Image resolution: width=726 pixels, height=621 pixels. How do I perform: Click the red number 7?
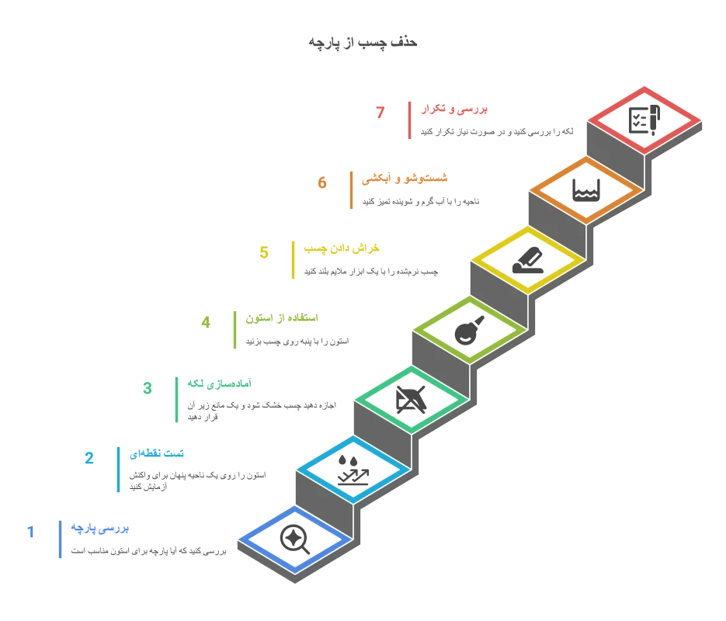coord(380,114)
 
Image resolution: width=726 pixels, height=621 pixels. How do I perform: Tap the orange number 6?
coord(323,183)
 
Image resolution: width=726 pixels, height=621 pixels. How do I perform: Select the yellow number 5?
coord(264,252)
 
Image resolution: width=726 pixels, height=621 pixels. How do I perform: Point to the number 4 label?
coord(205,321)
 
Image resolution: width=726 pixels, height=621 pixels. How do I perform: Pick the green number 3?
coord(148,388)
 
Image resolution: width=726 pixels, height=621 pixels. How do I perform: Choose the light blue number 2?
coord(89,457)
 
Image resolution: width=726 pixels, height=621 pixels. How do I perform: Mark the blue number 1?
coord(31,531)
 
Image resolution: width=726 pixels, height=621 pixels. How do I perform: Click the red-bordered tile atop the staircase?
coord(644,120)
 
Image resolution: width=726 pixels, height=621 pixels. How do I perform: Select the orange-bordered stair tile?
coord(586,189)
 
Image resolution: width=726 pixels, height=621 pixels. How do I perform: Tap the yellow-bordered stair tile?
coord(528,259)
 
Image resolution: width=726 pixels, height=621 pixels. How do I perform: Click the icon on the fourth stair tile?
coord(469,331)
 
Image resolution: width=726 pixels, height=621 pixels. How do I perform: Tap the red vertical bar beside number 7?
coord(408,120)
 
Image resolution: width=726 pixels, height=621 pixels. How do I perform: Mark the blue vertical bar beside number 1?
coord(60,539)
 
